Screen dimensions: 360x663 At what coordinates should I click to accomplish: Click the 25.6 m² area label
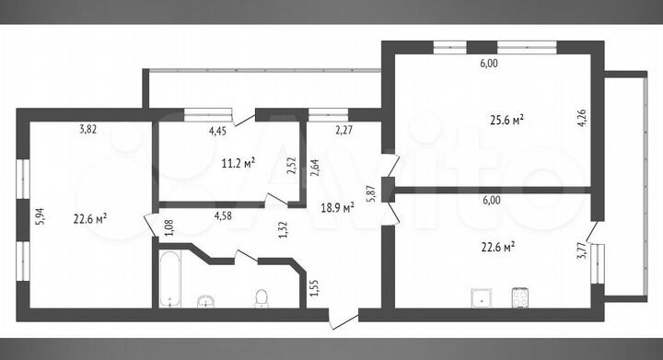(x=506, y=119)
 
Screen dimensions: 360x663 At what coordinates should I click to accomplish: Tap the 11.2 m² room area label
(x=238, y=163)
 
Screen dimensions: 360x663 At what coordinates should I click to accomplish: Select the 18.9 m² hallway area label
(x=337, y=208)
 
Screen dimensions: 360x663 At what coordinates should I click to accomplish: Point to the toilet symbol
(x=262, y=297)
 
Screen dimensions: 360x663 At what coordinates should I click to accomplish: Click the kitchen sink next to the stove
(x=479, y=296)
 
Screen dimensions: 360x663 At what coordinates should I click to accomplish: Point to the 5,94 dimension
(x=39, y=215)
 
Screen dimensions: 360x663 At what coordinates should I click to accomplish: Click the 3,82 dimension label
(x=88, y=131)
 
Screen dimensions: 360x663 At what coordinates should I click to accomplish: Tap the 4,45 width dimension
(x=217, y=132)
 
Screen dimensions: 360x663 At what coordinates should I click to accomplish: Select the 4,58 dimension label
(x=223, y=216)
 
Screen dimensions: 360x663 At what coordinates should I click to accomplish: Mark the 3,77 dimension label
(x=581, y=250)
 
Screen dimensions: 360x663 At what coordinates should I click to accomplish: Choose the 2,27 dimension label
(x=343, y=131)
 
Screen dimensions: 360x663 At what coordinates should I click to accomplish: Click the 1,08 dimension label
(x=168, y=226)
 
